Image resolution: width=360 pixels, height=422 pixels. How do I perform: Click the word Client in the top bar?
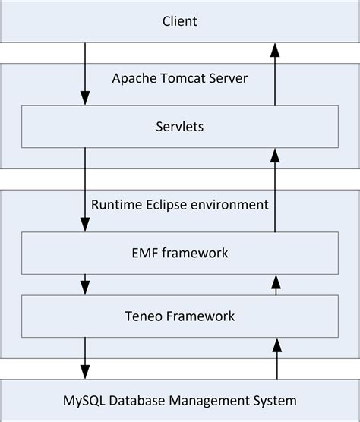(x=180, y=21)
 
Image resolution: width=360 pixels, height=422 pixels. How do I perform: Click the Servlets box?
(x=180, y=125)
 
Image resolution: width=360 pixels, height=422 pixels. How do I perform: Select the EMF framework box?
(x=180, y=253)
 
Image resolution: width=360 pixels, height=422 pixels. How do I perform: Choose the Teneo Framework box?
(x=180, y=315)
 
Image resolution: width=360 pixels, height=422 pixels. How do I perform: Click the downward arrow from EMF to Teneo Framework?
(x=85, y=284)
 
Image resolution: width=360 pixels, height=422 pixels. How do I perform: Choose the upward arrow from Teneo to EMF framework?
(x=275, y=284)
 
